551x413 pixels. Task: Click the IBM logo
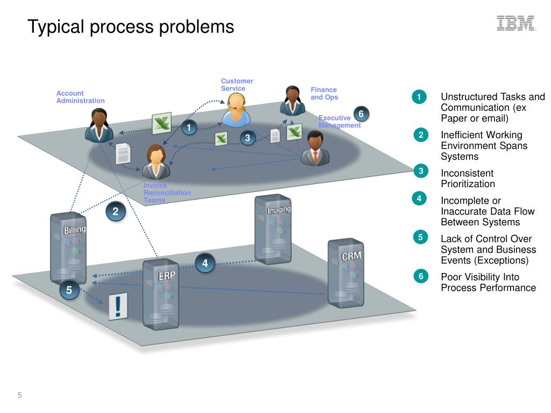516,23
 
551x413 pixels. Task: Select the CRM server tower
345,273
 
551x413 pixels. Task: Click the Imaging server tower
273,229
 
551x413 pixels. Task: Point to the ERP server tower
161,293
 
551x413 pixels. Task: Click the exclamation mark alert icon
118,307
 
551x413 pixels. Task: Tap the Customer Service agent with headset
236,111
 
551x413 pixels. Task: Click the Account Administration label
80,97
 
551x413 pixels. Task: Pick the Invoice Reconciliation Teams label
166,193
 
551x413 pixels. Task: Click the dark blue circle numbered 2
115,211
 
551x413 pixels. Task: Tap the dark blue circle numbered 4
205,263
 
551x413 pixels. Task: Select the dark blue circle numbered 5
69,290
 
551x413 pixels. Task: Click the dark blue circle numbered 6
361,114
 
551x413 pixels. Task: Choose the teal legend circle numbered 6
421,276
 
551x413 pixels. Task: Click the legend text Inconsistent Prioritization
467,179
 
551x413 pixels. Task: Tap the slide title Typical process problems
131,26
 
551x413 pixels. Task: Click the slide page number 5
20,396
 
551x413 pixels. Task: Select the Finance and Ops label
324,94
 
